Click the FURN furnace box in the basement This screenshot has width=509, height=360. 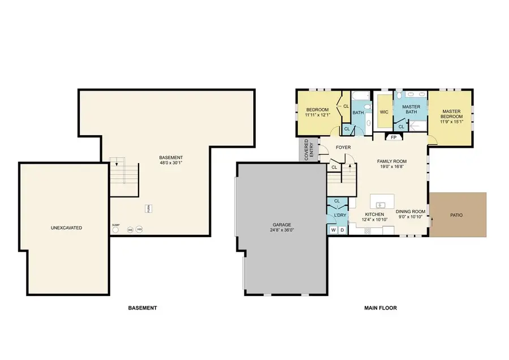coord(149,208)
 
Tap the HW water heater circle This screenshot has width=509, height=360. coord(139,230)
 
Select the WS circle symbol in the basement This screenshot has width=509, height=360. coord(130,230)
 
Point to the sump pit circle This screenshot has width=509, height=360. coord(116,229)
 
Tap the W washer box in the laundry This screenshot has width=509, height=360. coord(334,230)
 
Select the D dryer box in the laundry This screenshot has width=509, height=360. coord(342,230)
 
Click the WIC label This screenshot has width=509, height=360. coord(383,112)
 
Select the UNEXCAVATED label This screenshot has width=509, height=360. coord(66,228)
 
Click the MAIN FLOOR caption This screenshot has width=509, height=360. coord(380,308)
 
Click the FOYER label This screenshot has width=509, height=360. coord(343,148)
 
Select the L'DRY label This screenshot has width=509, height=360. coord(340,216)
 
